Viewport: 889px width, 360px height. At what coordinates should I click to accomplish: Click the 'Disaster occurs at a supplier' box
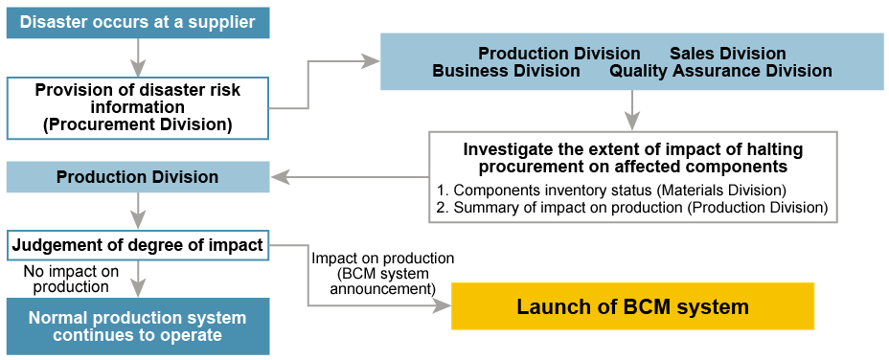(x=138, y=23)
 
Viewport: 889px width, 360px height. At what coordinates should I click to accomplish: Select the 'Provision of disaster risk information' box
(x=138, y=108)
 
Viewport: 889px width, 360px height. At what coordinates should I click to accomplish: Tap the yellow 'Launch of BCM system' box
(x=632, y=306)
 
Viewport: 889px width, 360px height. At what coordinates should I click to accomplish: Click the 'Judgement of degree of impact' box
(x=138, y=245)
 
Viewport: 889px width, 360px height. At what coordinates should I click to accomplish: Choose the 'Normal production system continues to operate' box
(x=138, y=326)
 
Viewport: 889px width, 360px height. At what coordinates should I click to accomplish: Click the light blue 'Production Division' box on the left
(x=138, y=176)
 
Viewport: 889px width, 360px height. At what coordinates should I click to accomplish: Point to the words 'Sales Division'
(x=728, y=54)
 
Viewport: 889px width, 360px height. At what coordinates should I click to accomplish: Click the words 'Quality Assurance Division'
(x=720, y=72)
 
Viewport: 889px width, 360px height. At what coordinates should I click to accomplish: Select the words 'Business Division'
(x=506, y=72)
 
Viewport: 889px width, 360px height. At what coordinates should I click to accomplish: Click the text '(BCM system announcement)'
(x=382, y=281)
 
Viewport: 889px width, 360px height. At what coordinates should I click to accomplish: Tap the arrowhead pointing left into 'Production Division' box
(x=281, y=178)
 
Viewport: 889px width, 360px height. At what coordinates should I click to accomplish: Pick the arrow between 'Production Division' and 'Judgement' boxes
(x=138, y=211)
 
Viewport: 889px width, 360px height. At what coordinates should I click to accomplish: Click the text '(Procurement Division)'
(x=138, y=124)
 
